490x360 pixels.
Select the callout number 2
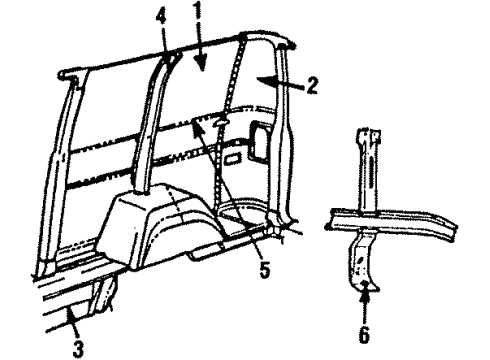(312, 86)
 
